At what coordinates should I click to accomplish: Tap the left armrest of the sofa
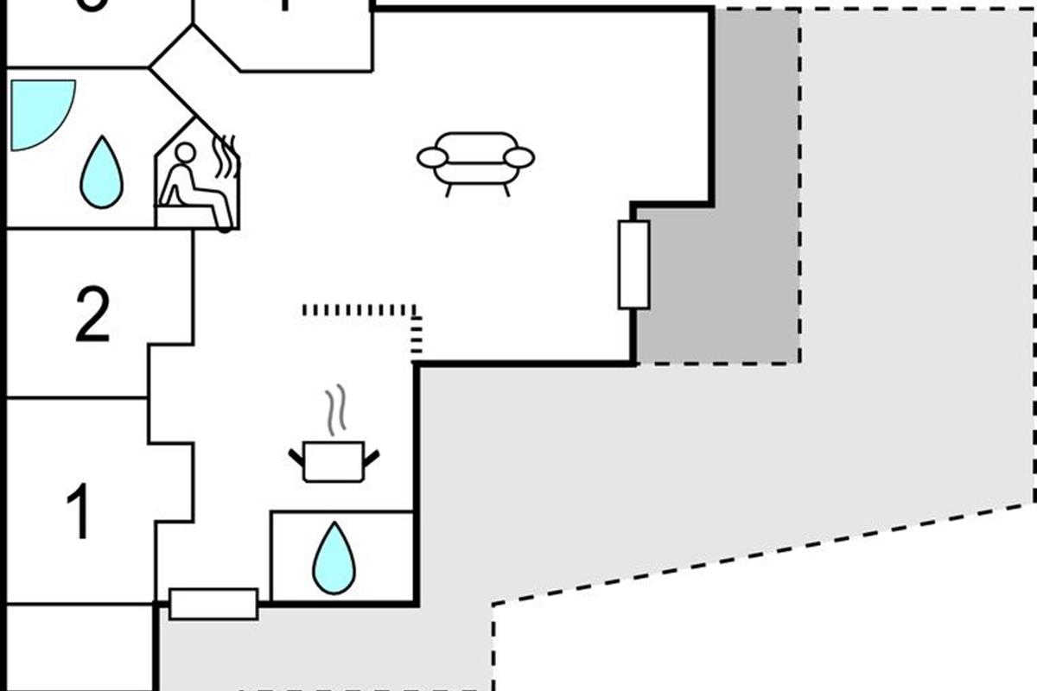coord(432,157)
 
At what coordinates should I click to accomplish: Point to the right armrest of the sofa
coord(519,157)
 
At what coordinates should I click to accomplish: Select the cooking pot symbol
coord(334,461)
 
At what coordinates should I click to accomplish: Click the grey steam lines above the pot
coord(335,411)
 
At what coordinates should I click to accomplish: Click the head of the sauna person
coord(185,153)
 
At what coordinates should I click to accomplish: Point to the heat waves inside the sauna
coord(226,155)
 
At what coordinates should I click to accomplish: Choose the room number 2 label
coord(92,314)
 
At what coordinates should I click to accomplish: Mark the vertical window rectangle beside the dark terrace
coord(633,264)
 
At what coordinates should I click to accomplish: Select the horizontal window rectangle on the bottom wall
coord(213,604)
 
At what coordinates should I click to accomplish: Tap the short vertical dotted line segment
coord(417,335)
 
